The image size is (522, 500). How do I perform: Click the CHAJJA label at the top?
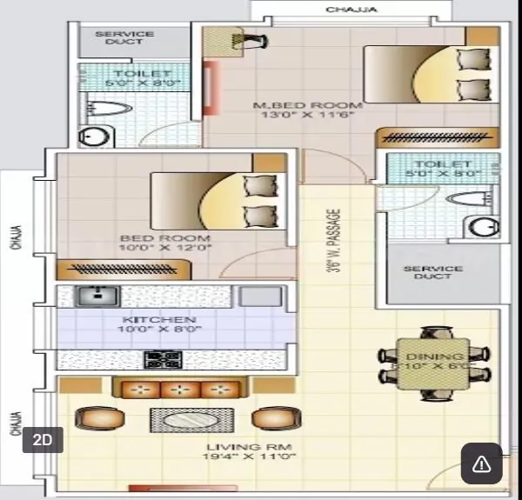point(351,10)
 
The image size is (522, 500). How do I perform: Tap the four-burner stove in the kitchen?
point(162,359)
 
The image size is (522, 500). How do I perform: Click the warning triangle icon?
point(481,463)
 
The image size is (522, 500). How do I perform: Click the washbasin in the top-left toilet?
point(90,137)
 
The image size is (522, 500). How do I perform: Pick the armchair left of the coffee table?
point(94,419)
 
